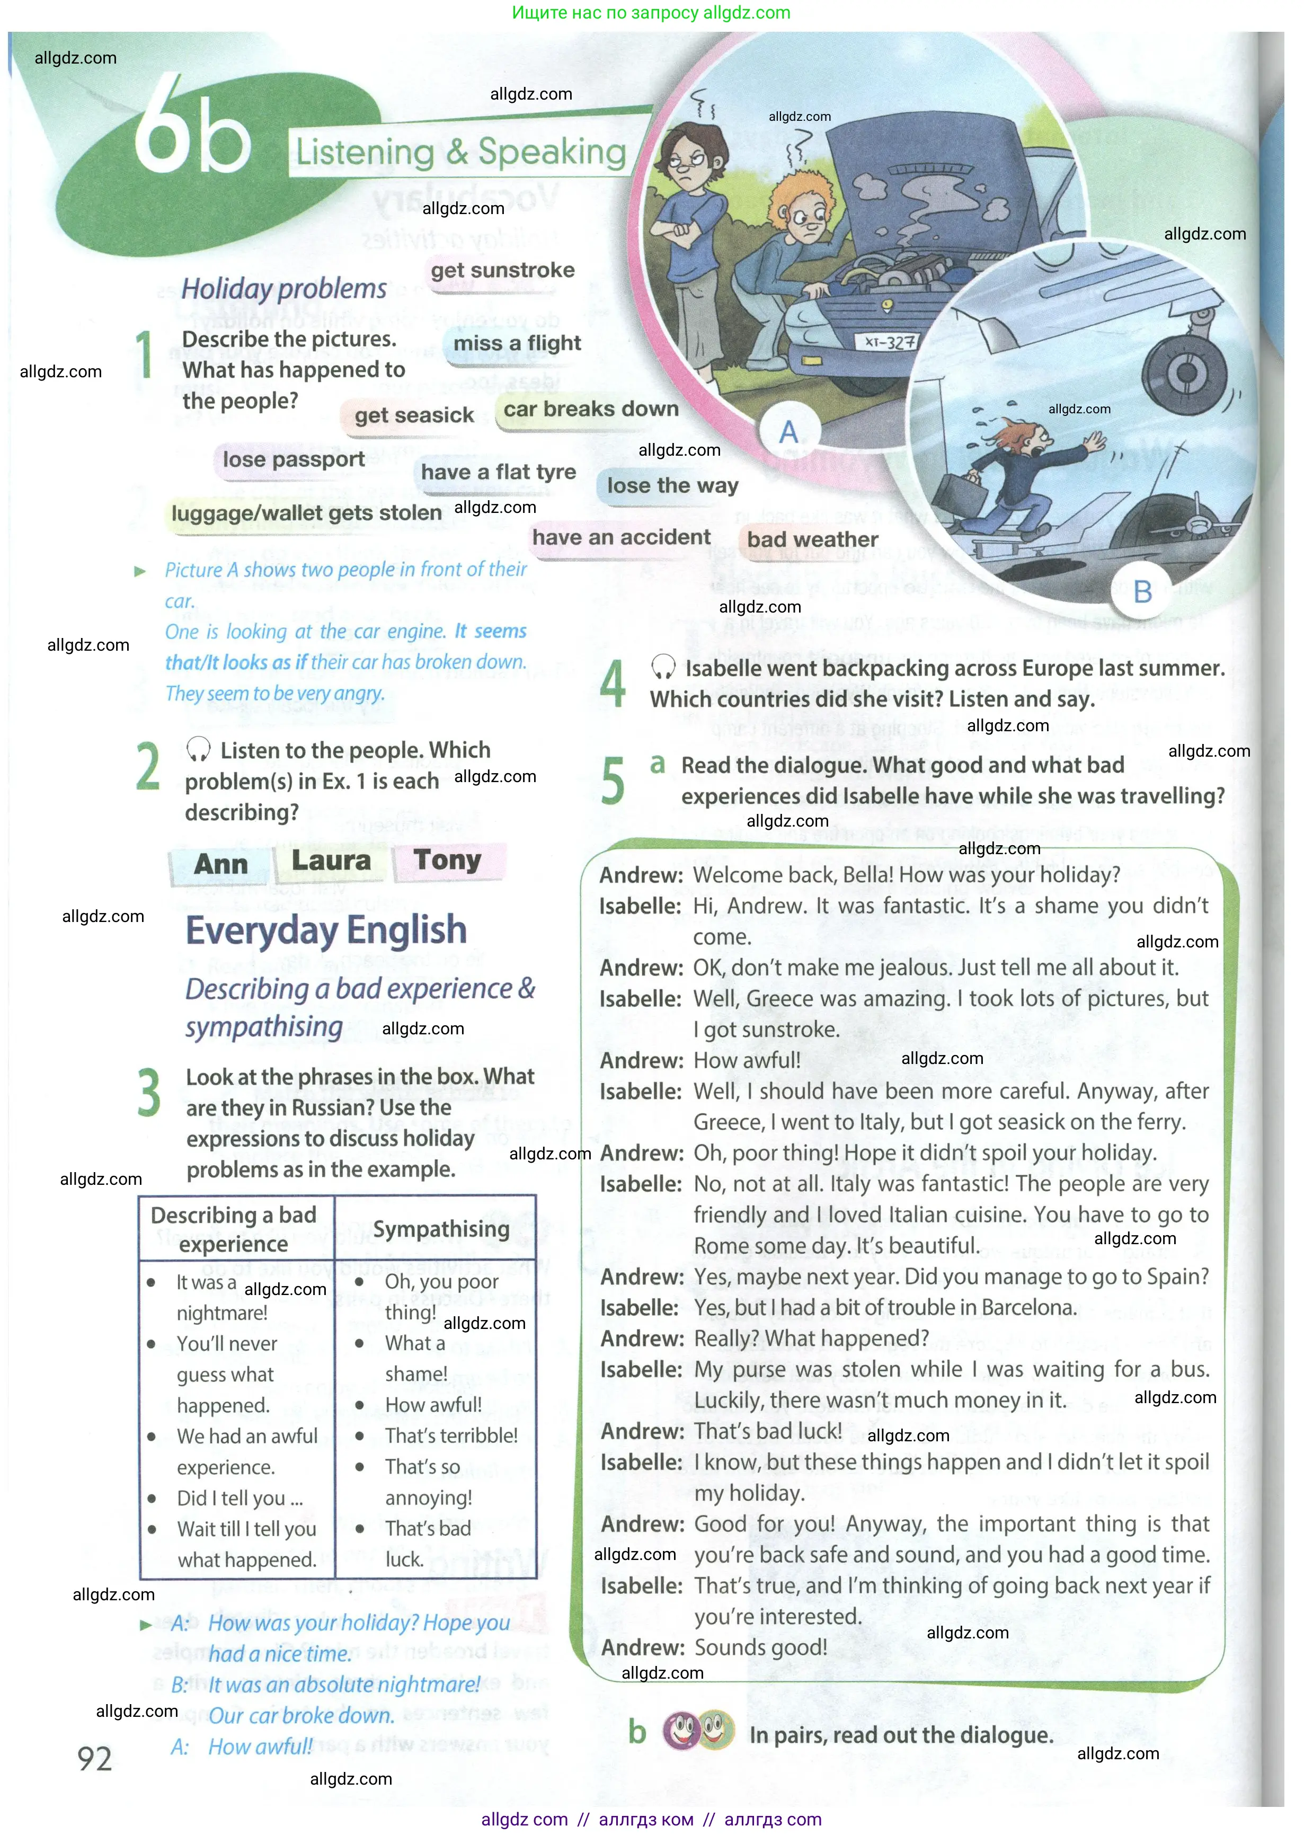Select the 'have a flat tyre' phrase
498,472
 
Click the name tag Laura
331,861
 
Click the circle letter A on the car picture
788,432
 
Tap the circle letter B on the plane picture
1142,592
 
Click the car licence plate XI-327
890,343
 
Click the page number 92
95,1759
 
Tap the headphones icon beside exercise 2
198,750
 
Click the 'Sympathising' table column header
441,1229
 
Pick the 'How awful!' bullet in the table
433,1405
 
